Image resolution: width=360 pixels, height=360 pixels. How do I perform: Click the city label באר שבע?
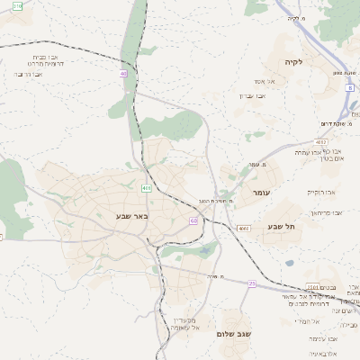click(131, 216)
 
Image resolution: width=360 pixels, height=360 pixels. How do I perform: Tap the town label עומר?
click(262, 193)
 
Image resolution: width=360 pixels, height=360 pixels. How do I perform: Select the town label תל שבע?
click(282, 227)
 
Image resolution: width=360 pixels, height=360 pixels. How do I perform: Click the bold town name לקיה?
click(294, 62)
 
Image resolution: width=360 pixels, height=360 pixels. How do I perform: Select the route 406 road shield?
click(146, 188)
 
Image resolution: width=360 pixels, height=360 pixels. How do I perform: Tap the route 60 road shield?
click(193, 220)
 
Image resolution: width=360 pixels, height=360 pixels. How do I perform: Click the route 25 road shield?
click(253, 284)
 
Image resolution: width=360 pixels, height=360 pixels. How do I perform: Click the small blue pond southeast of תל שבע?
click(290, 263)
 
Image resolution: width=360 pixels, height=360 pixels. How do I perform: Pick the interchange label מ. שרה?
click(214, 277)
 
